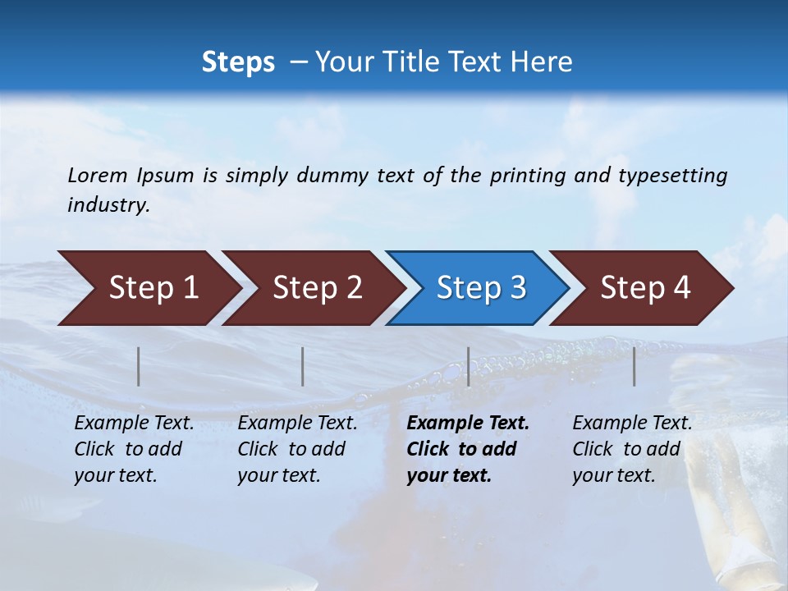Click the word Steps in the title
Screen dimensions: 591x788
tap(238, 62)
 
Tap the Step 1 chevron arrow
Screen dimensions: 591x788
tap(148, 288)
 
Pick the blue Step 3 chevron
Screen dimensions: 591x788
tap(478, 288)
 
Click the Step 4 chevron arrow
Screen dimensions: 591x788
tap(642, 288)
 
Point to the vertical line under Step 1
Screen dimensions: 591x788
tap(139, 366)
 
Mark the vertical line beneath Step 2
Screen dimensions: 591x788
tap(303, 366)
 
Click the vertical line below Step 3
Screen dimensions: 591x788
tap(469, 366)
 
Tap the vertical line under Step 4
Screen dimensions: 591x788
tap(635, 366)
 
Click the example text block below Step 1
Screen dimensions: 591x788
tap(134, 449)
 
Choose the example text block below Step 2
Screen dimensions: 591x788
tap(297, 449)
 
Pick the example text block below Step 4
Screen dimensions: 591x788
tap(632, 449)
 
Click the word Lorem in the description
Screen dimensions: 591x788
tap(98, 176)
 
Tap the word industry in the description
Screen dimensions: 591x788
tap(108, 205)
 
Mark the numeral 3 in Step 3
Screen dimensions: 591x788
tap(518, 288)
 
